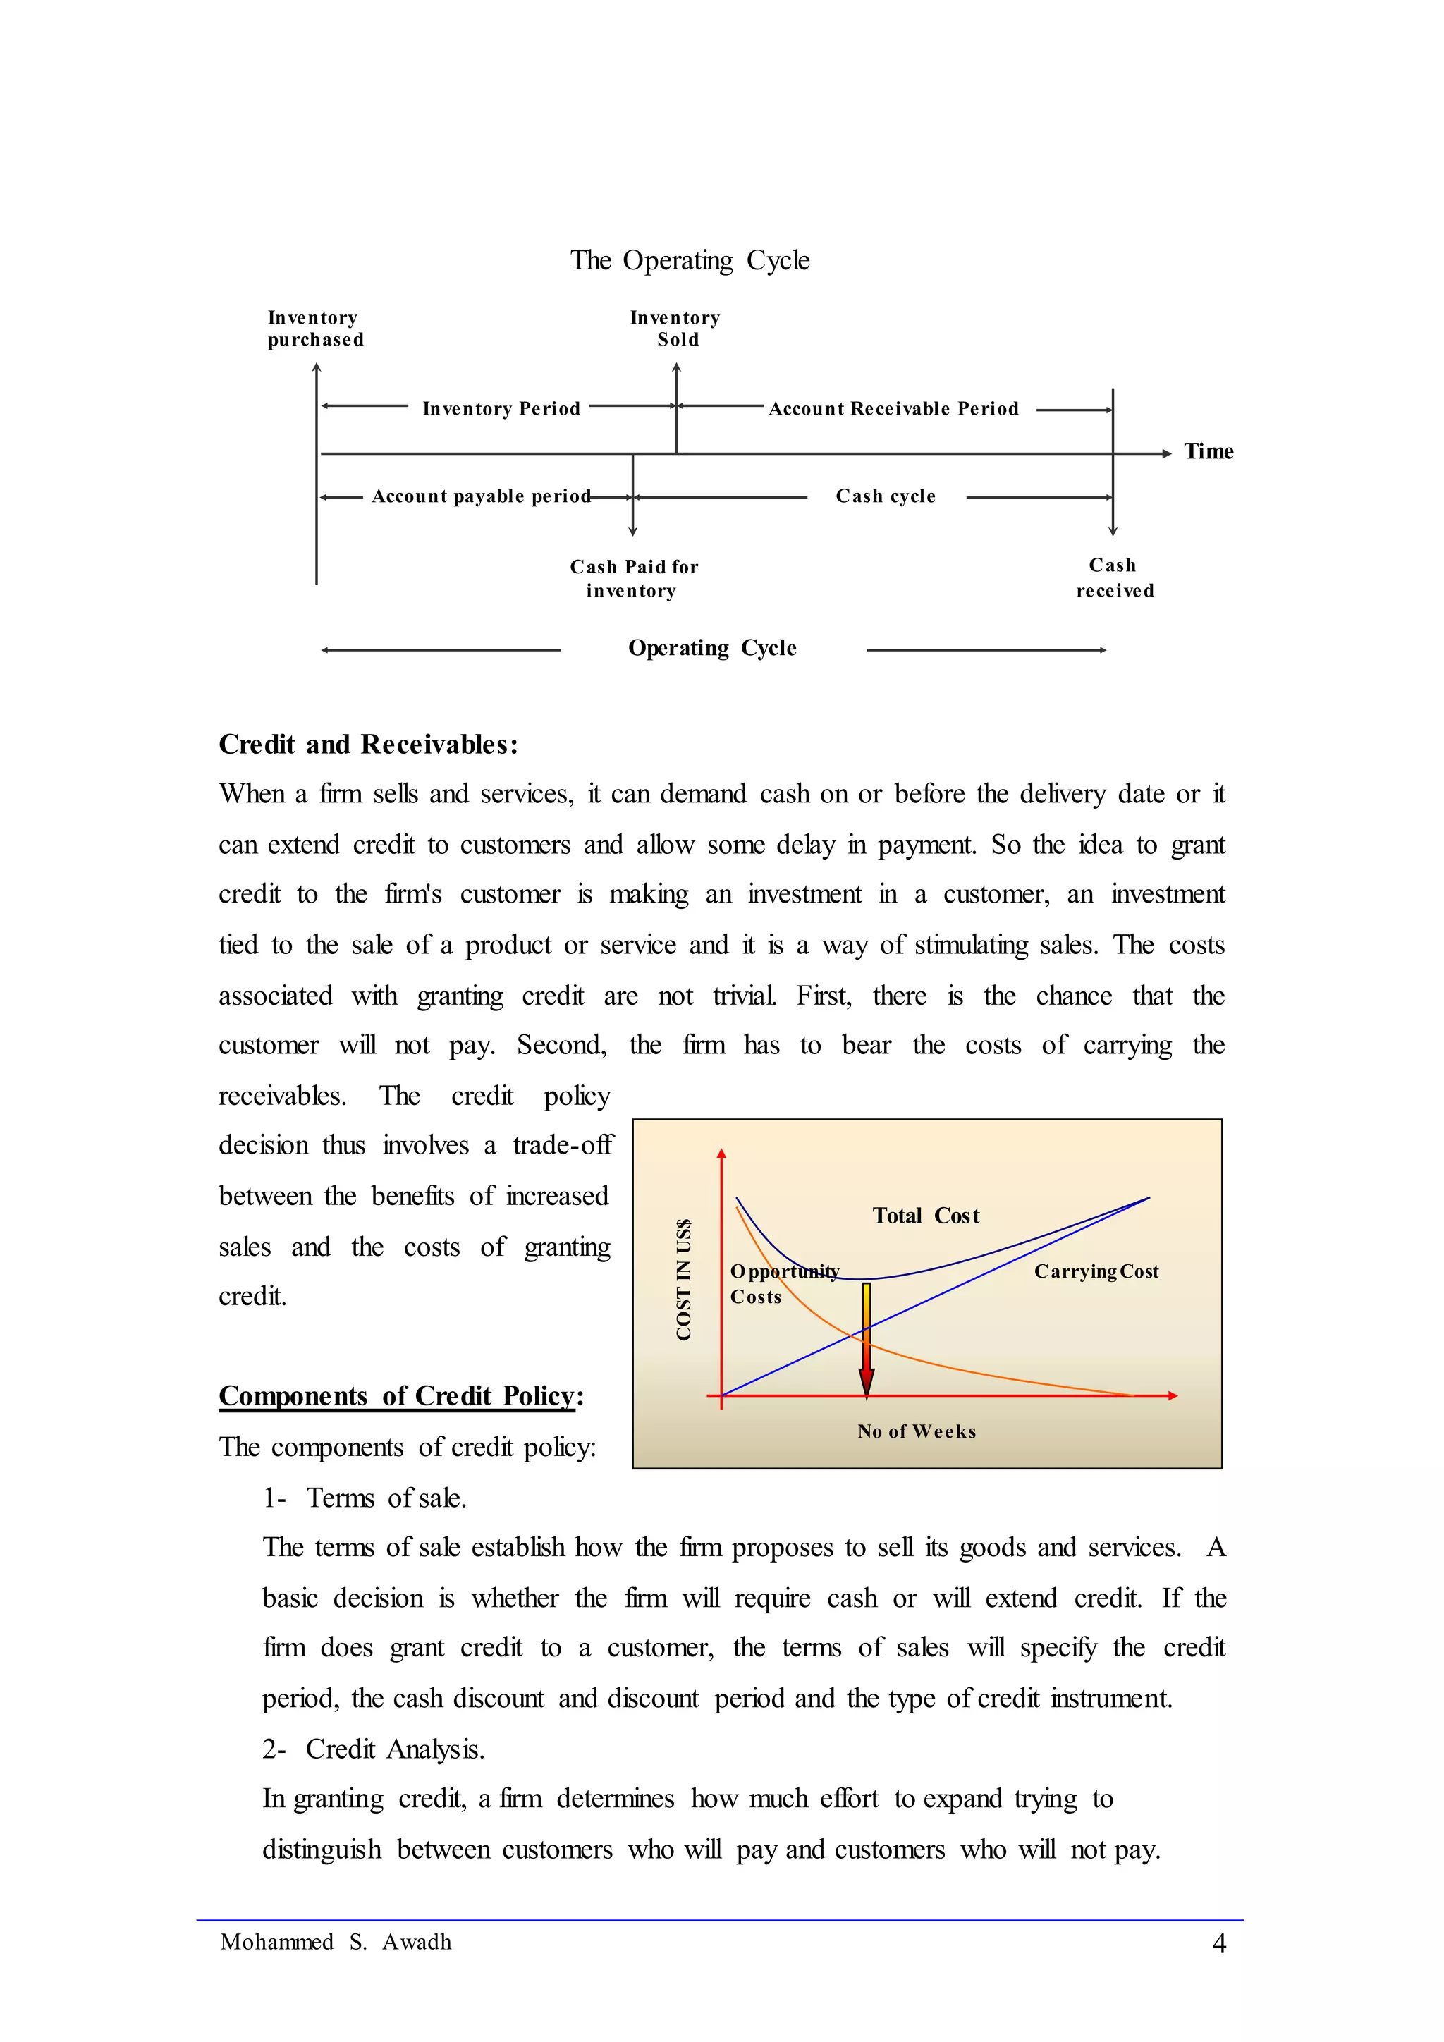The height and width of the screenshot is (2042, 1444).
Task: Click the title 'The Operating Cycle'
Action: (690, 261)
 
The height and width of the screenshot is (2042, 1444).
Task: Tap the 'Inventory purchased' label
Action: (316, 329)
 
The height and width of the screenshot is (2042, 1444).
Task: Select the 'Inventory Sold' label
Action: (675, 329)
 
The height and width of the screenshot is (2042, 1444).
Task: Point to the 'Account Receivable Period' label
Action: (893, 409)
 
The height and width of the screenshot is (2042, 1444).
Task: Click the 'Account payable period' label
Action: (481, 496)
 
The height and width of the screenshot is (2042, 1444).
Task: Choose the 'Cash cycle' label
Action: (886, 496)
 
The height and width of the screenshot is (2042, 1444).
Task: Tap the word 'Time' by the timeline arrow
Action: (1209, 452)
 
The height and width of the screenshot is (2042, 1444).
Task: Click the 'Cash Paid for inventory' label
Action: (633, 579)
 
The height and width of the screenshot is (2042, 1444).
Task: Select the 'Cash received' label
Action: (1114, 578)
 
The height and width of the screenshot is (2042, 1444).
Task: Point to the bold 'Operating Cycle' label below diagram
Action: (712, 649)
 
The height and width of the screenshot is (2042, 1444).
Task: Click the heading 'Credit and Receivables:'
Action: (368, 745)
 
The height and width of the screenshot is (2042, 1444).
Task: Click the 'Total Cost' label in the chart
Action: (926, 1216)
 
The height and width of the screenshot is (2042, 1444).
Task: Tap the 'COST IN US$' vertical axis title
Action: (684, 1280)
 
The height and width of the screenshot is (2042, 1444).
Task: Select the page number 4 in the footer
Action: (1219, 1944)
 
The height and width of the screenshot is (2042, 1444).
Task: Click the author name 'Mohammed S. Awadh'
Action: (336, 1943)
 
